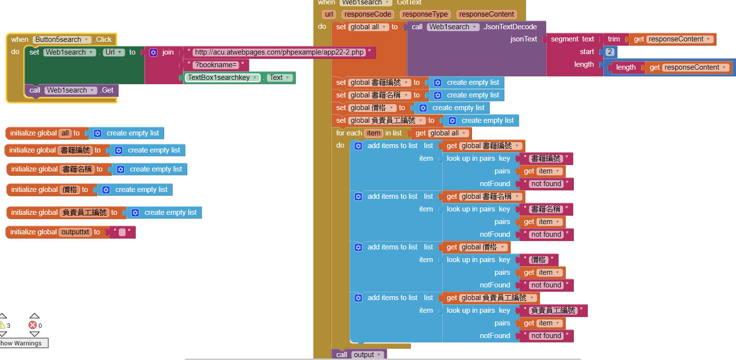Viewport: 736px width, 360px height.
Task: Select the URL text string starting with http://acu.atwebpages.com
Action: [x=279, y=52]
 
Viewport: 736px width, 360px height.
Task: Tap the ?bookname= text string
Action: [x=216, y=65]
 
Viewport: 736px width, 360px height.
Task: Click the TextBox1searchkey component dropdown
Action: [x=222, y=77]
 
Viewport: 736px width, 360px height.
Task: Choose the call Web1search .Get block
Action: [x=71, y=90]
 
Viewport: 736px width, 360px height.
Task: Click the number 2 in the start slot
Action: [x=610, y=52]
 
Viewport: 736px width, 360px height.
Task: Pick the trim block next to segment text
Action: [x=613, y=39]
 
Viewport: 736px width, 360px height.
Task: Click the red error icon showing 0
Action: [x=33, y=325]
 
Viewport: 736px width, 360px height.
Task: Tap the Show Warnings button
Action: [x=23, y=343]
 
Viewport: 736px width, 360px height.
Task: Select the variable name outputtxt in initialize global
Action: [x=75, y=232]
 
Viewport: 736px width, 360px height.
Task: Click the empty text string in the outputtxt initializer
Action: [x=122, y=232]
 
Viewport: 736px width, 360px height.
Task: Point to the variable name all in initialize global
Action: [x=65, y=133]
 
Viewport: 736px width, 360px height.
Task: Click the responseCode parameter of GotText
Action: [x=368, y=15]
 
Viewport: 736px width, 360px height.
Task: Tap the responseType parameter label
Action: [x=425, y=15]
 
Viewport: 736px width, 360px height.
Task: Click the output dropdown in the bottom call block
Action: [x=367, y=355]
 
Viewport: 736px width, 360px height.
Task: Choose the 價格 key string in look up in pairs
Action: [x=538, y=260]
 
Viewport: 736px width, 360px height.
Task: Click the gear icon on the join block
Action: [x=153, y=53]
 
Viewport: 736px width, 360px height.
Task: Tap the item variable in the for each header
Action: [x=374, y=133]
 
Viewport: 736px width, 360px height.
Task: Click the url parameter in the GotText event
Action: [x=329, y=15]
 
